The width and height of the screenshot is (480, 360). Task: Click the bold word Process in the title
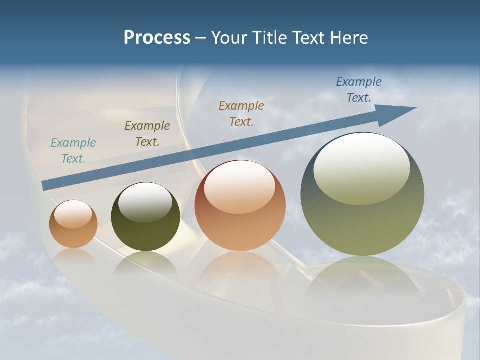157,38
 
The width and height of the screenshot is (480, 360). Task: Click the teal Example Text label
73,151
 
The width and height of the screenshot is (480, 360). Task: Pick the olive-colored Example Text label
147,134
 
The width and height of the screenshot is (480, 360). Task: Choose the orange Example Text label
241,114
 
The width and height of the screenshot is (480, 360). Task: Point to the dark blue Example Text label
358,90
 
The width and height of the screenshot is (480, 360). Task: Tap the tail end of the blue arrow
45,186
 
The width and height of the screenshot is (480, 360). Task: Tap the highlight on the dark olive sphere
145,202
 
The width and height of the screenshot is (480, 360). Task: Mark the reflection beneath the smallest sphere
73,257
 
